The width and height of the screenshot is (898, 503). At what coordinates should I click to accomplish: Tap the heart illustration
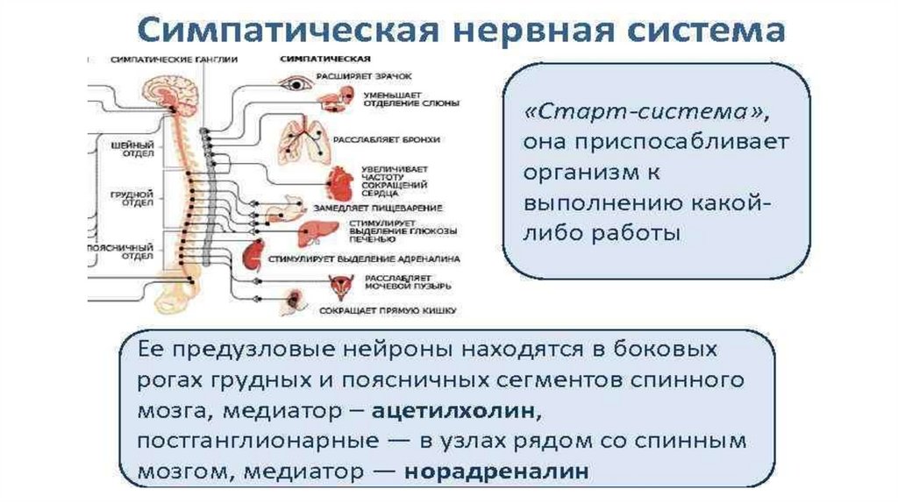pos(339,185)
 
